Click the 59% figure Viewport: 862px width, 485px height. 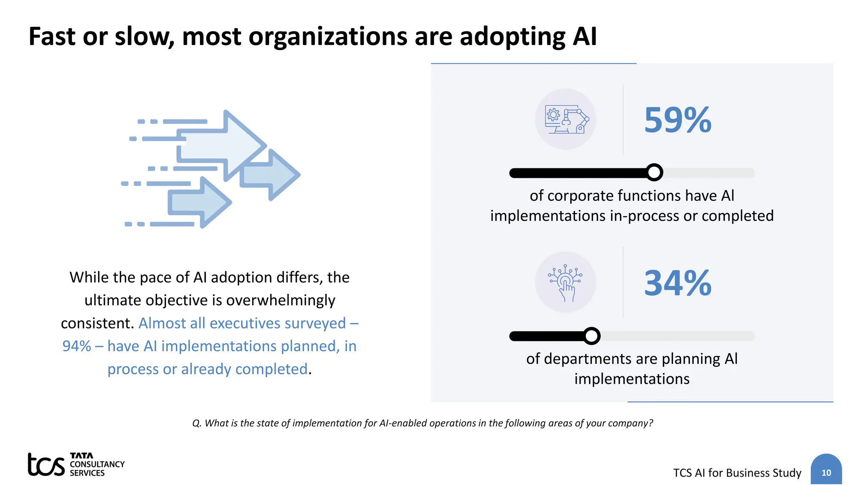[677, 120]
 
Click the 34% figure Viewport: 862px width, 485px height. [677, 283]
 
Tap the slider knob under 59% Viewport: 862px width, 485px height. [654, 172]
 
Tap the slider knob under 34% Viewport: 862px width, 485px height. [592, 336]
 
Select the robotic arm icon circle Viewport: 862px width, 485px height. [565, 119]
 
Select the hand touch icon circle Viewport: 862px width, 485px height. [565, 282]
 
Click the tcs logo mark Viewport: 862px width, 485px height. [46, 464]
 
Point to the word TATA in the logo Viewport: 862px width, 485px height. [81, 456]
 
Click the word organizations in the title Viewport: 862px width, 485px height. [328, 37]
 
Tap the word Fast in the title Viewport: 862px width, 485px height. [52, 37]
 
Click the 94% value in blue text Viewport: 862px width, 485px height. [77, 346]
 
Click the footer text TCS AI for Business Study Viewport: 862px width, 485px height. [737, 473]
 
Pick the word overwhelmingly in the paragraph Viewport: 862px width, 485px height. [281, 300]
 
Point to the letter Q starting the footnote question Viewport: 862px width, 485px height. [196, 423]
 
